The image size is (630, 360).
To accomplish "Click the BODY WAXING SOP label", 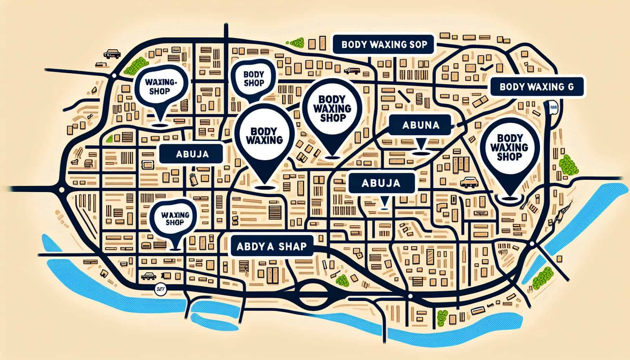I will coord(384,45).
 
